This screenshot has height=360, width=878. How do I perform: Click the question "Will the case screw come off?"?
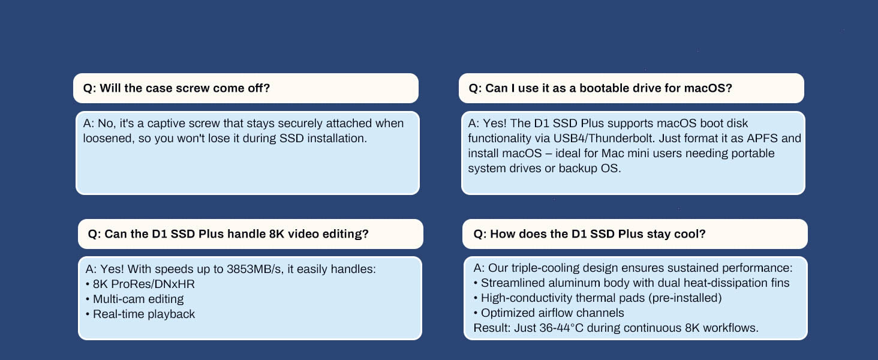click(176, 88)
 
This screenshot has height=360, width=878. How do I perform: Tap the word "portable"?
click(753, 153)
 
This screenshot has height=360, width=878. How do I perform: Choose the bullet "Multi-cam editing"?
click(139, 299)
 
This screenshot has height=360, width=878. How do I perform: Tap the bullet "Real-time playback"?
click(144, 314)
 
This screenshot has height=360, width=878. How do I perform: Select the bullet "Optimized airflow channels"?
click(552, 313)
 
